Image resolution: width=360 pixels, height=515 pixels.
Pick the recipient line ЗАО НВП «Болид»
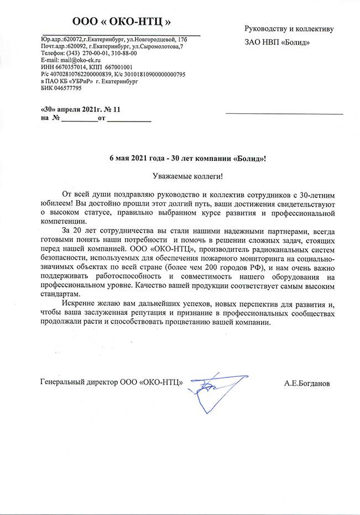tap(277, 42)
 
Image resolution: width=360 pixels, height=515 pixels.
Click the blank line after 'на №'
tap(78, 118)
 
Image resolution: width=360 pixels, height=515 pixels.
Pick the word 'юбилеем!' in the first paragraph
tap(57, 204)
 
